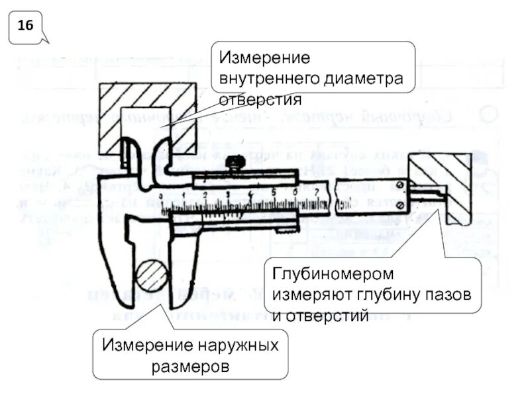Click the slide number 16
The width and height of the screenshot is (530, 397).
tap(25, 26)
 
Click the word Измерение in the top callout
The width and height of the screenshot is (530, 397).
tap(265, 57)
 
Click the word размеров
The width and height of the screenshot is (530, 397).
tap(190, 366)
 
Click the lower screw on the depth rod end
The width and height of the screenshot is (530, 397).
tap(399, 205)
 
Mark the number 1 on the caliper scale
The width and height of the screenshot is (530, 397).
tap(184, 195)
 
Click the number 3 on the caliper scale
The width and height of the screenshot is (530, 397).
tap(228, 194)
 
